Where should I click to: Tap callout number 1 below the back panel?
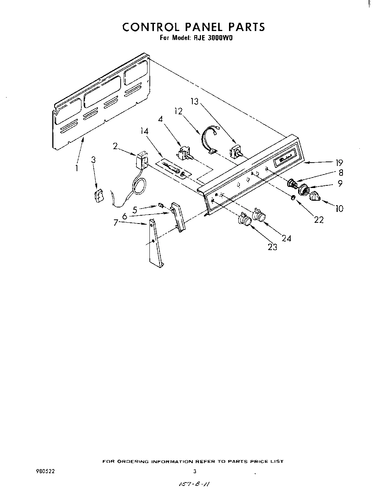click(x=77, y=168)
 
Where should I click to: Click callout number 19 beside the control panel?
click(x=339, y=163)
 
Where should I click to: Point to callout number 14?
click(x=145, y=131)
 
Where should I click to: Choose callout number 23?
click(x=273, y=247)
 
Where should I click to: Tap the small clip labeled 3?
click(x=98, y=195)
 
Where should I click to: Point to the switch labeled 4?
click(x=183, y=153)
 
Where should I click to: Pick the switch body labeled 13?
click(x=235, y=151)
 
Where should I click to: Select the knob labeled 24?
click(x=259, y=215)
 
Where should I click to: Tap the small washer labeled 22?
click(x=294, y=197)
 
